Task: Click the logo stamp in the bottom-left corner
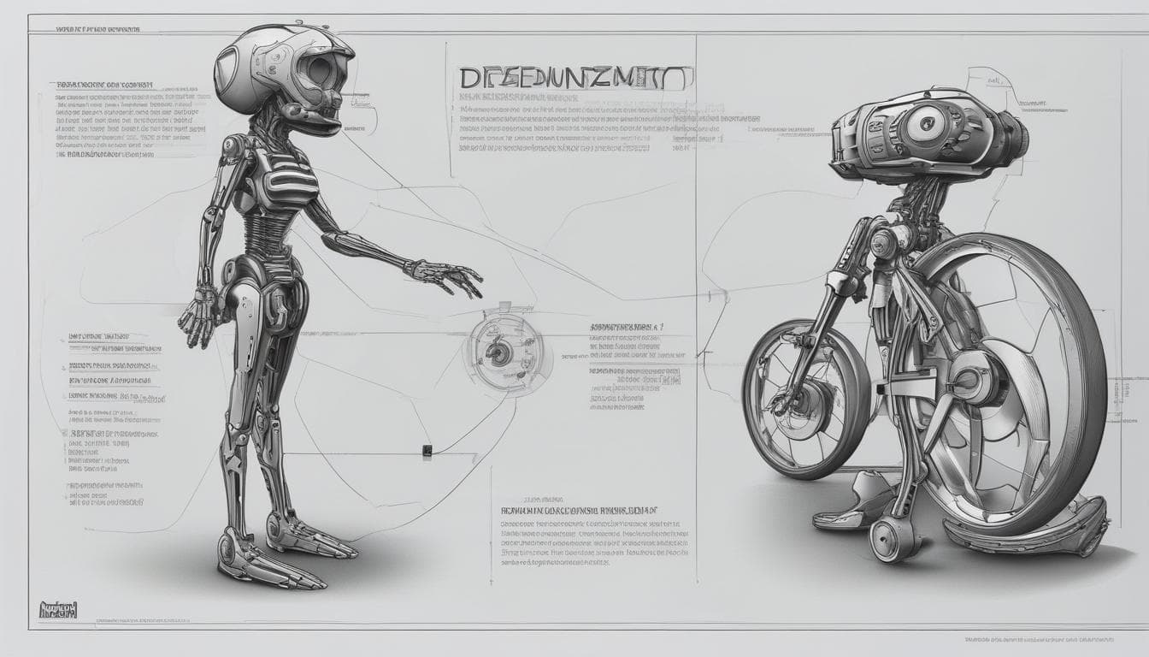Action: tap(59, 610)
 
